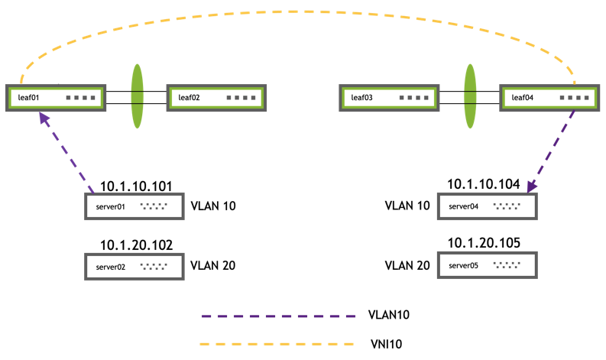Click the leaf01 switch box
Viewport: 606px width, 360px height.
click(x=56, y=98)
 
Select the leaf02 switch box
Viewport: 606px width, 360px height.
click(x=216, y=98)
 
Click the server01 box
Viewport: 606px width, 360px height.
click(x=134, y=206)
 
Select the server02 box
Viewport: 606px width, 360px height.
click(x=134, y=267)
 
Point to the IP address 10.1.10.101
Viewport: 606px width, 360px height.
click(x=135, y=186)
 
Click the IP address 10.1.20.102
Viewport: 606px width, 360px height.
click(x=135, y=245)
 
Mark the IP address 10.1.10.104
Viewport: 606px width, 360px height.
click(x=484, y=184)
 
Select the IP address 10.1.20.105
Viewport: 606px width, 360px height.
click(x=484, y=244)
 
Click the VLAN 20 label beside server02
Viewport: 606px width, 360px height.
click(x=212, y=266)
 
